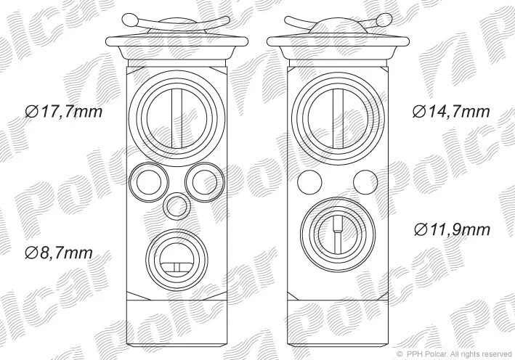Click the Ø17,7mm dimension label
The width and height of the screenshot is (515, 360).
pos(64,112)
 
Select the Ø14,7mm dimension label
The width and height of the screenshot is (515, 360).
pos(451,112)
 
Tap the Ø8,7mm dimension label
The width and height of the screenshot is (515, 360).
pos(59,253)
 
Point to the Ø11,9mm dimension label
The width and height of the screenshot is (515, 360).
pos(452,229)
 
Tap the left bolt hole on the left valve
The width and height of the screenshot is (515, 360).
pos(149,182)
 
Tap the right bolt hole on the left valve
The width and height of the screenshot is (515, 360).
pos(205,182)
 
